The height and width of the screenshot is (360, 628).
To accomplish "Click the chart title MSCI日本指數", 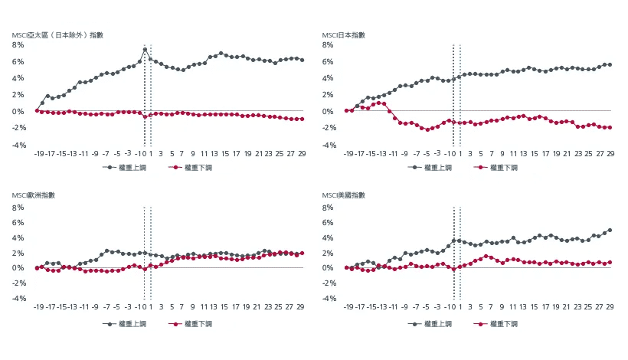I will tap(344, 35).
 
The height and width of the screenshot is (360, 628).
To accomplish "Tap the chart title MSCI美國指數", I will tap(344, 196).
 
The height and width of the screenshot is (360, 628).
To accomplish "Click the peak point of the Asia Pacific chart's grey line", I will tap(145, 50).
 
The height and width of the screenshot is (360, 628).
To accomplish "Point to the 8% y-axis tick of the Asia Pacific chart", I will tap(19, 45).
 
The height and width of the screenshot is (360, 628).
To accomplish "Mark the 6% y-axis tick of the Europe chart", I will tap(19, 221).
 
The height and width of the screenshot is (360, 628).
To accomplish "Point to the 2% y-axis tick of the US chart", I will tap(329, 252).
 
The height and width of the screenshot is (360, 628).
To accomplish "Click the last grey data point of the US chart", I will tap(610, 230).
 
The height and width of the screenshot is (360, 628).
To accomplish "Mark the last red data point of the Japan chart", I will tap(610, 127).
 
